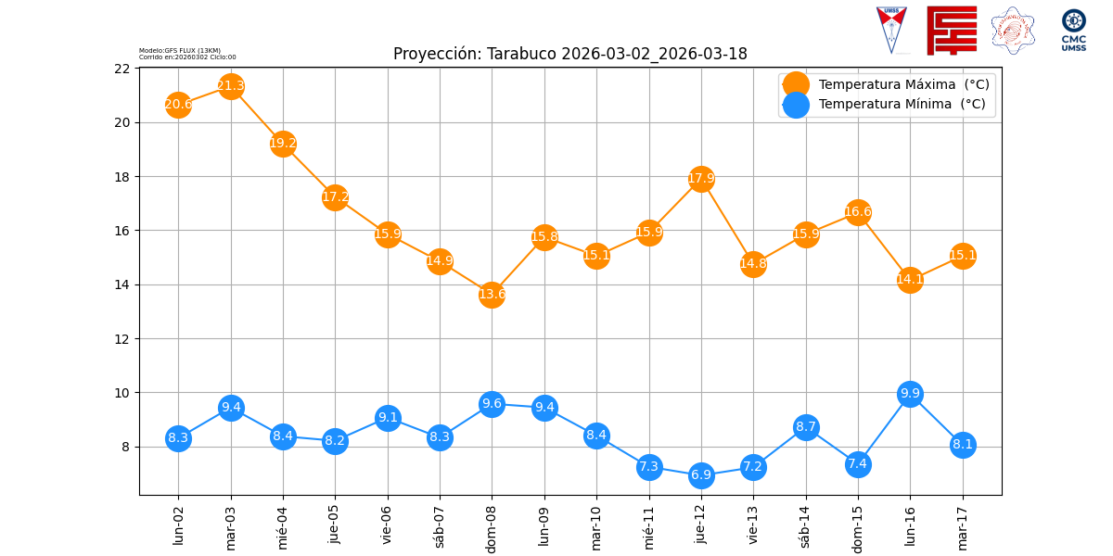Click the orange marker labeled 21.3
pyautogui.click(x=231, y=87)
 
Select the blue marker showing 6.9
pyautogui.click(x=701, y=475)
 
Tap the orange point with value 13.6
pyautogui.click(x=492, y=295)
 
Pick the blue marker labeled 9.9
pyautogui.click(x=910, y=394)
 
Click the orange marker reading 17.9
pyautogui.click(x=701, y=179)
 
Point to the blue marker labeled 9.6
pyautogui.click(x=492, y=403)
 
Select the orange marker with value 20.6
pyautogui.click(x=178, y=105)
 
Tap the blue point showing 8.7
pyautogui.click(x=806, y=427)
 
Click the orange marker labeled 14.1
pyautogui.click(x=910, y=280)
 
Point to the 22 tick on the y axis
pyautogui.click(x=122, y=69)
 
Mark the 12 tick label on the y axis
pyautogui.click(x=122, y=339)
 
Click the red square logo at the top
pyautogui.click(x=952, y=30)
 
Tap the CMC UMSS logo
pyautogui.click(x=1074, y=30)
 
